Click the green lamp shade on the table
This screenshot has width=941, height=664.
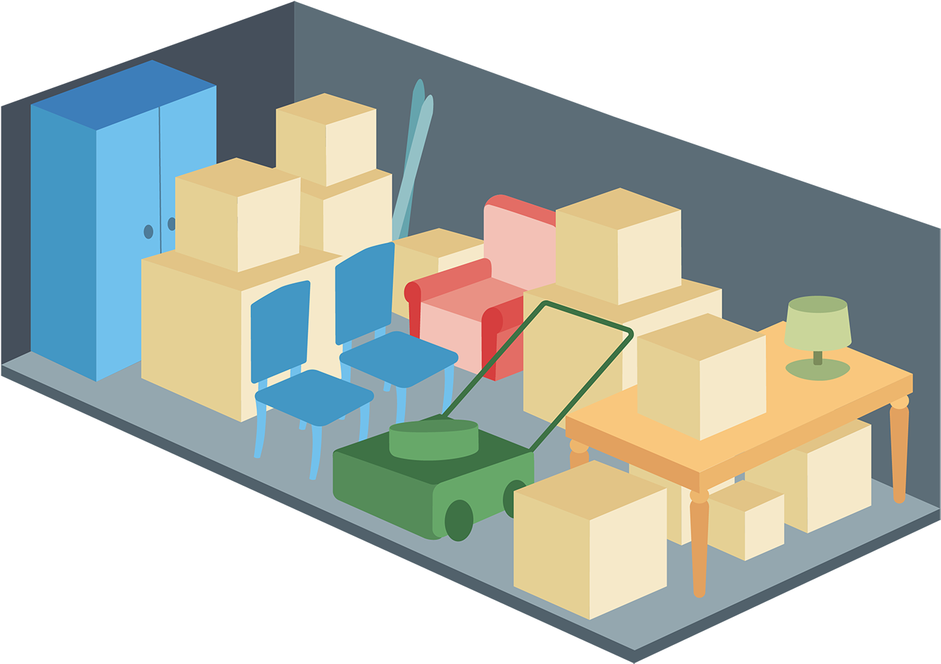pyautogui.click(x=818, y=322)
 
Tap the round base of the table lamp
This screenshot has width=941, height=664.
pyautogui.click(x=818, y=369)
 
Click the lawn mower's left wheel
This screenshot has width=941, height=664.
pyautogui.click(x=459, y=520)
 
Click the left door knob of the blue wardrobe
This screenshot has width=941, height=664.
pyautogui.click(x=148, y=232)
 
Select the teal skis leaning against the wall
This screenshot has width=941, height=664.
pyautogui.click(x=412, y=155)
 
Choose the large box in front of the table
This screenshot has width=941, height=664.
pyautogui.click(x=590, y=539)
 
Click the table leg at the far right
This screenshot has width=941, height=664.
pyautogui.click(x=899, y=451)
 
